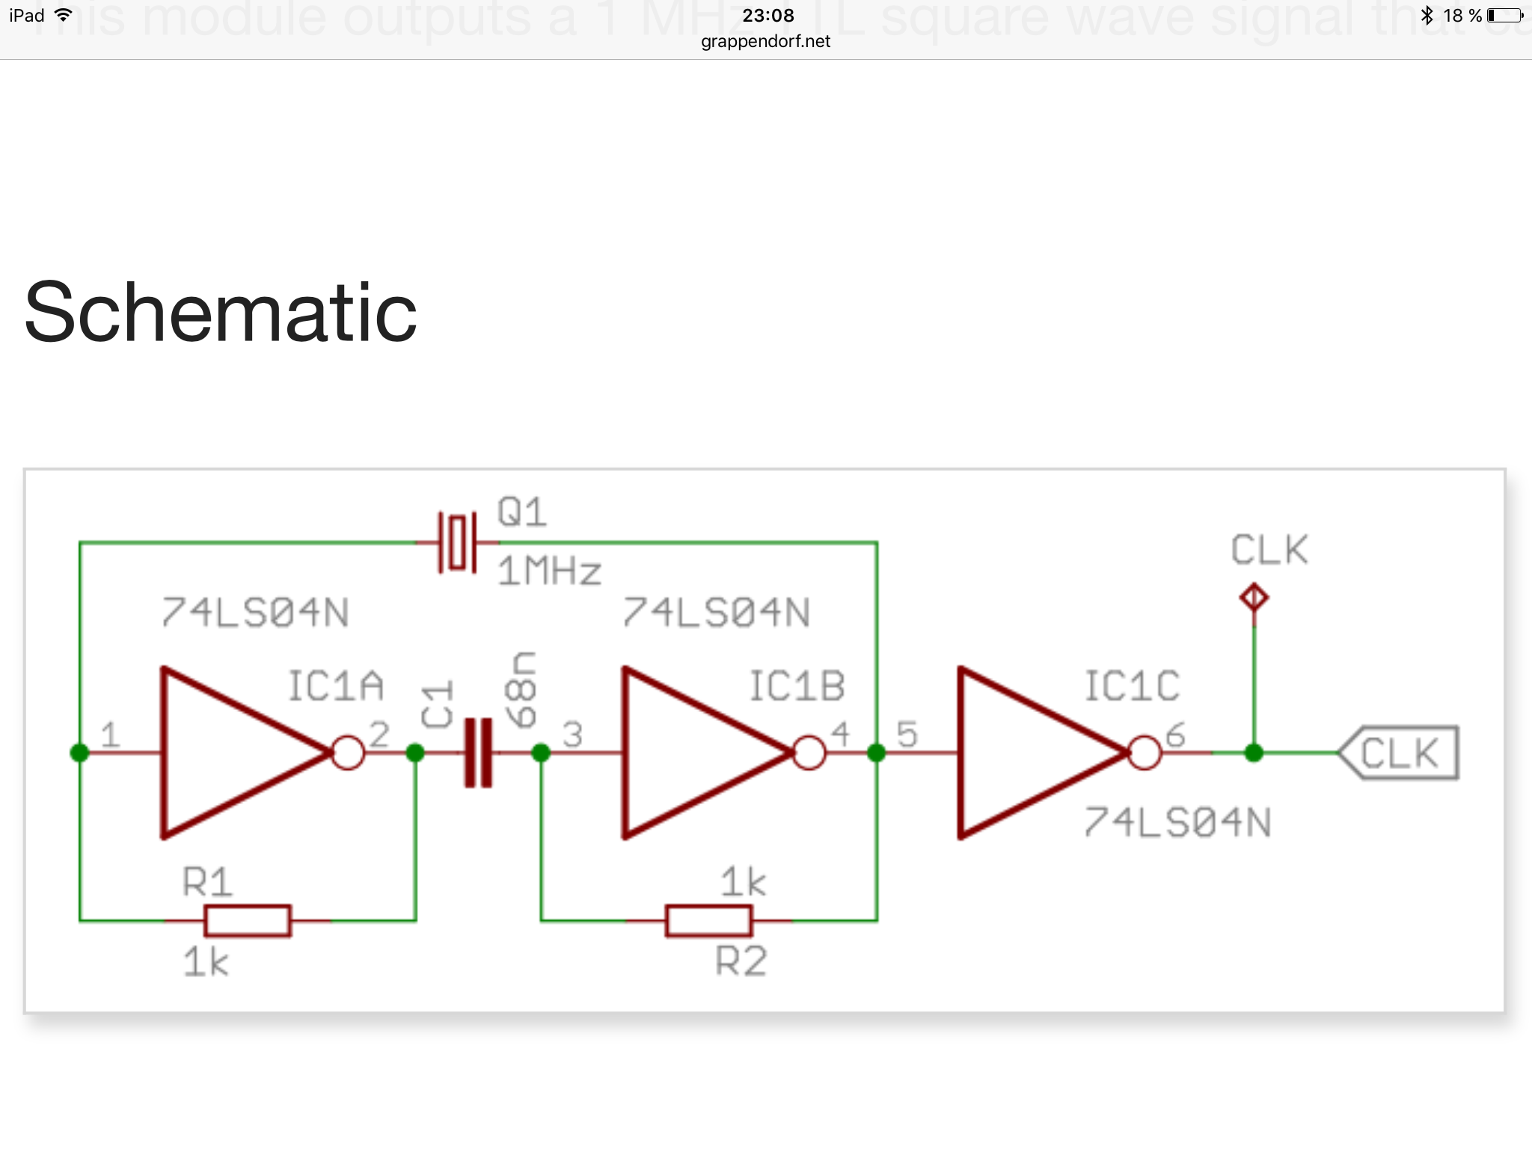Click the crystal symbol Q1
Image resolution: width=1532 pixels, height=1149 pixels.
click(457, 542)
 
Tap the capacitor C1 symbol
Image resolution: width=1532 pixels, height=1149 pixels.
click(478, 753)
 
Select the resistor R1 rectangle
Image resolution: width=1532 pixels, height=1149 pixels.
click(248, 920)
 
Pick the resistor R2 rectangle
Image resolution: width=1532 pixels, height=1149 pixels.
click(708, 920)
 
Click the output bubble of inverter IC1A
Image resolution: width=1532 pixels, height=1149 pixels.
click(347, 753)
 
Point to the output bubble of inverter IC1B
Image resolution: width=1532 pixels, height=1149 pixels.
click(809, 753)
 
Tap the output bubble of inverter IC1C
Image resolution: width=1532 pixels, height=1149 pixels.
click(1144, 753)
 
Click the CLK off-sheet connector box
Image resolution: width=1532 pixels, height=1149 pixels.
click(1399, 753)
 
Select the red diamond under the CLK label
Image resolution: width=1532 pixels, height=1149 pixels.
click(1254, 598)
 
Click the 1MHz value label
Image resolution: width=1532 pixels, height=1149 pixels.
click(550, 572)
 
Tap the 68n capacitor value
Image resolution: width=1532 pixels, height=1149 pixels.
click(521, 689)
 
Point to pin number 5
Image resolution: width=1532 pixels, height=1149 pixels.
click(907, 734)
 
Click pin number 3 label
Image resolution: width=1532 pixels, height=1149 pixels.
click(572, 734)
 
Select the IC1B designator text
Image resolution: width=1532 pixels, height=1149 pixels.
click(797, 687)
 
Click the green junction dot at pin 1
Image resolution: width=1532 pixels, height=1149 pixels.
click(79, 753)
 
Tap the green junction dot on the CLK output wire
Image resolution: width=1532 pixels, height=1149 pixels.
click(1254, 753)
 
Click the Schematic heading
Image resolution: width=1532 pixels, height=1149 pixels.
click(221, 312)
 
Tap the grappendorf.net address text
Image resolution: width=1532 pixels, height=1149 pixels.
click(765, 41)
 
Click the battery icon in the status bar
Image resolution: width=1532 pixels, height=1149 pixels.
click(1505, 15)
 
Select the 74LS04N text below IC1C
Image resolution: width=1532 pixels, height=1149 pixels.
click(1177, 823)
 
